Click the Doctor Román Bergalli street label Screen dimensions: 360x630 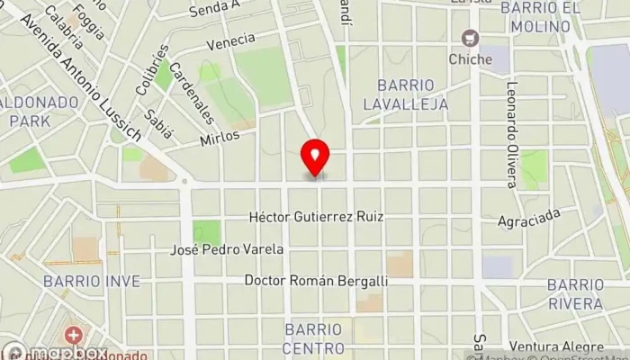coord(316,281)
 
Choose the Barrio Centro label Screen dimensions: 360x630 coord(313,337)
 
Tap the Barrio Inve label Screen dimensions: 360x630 coord(92,282)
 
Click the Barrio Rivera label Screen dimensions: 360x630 coord(575,293)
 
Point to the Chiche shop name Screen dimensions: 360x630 coord(470,59)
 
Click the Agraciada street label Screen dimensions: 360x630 coord(529,219)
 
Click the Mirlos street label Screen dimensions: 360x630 coord(220,136)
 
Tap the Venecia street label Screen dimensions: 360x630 coord(229,41)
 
